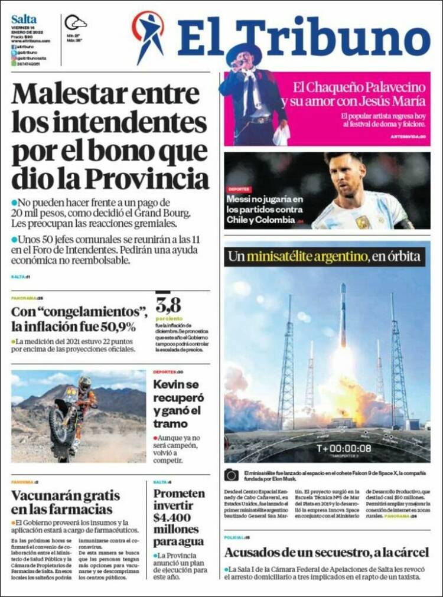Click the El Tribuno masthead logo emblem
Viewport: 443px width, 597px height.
tap(148, 35)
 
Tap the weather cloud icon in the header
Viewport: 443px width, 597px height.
tap(76, 23)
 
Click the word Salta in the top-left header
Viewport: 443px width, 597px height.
tap(24, 19)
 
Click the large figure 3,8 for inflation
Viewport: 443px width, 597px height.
tap(168, 305)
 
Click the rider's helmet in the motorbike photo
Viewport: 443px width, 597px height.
tap(85, 383)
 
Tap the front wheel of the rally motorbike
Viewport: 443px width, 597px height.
tap(61, 426)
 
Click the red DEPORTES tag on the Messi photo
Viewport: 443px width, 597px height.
tap(239, 189)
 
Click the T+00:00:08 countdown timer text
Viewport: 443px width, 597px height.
tap(344, 448)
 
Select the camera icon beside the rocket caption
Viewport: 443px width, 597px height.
tap(232, 475)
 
